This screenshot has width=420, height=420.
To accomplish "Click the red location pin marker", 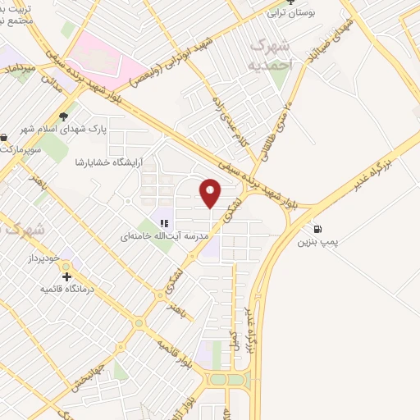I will coord(210,193).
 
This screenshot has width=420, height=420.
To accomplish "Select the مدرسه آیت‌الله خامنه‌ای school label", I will coord(161,236).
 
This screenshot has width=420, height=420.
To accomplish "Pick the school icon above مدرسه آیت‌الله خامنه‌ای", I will coord(163,223).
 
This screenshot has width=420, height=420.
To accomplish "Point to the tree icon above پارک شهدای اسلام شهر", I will coord(63,116).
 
